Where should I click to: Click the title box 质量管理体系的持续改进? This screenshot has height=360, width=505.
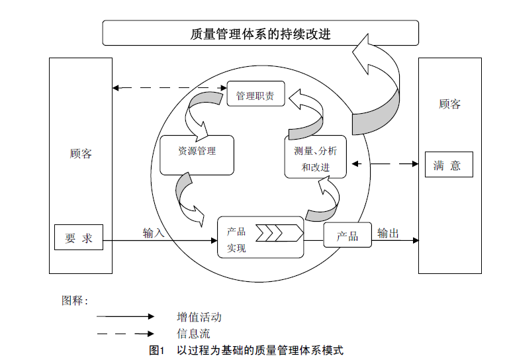(x=260, y=33)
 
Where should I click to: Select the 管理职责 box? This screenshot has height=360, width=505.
(x=255, y=95)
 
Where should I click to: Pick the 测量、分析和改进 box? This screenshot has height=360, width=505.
(x=316, y=157)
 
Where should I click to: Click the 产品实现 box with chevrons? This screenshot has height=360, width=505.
(x=260, y=238)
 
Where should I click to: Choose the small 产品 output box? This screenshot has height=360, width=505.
(x=347, y=236)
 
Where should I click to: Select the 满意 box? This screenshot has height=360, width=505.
(x=448, y=165)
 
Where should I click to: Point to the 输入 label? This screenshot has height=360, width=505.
(x=154, y=233)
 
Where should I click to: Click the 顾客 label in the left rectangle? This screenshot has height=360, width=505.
(x=81, y=154)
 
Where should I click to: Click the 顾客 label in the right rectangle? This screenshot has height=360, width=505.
(x=450, y=104)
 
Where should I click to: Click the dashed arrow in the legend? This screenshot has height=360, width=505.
(x=125, y=334)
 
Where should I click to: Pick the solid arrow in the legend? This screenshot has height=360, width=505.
(x=125, y=317)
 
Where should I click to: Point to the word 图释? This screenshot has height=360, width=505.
(x=74, y=300)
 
